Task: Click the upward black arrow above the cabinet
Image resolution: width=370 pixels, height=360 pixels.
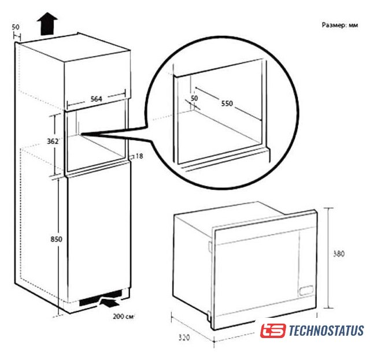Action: pos(47,24)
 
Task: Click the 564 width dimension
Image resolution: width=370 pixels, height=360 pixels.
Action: pos(97,99)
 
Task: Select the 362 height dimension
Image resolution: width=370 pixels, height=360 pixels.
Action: pos(53,141)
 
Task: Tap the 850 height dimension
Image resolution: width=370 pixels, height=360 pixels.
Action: pos(57,239)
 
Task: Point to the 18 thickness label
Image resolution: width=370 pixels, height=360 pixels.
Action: pos(139,156)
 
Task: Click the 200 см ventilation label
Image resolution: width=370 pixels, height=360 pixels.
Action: pos(123,316)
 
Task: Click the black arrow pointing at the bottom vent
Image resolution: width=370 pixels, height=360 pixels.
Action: pos(110,303)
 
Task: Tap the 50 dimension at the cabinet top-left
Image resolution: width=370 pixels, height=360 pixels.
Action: pos(16,27)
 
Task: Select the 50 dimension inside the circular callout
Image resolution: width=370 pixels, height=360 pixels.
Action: pos(194,98)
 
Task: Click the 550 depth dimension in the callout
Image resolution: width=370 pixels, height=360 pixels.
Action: pos(227,103)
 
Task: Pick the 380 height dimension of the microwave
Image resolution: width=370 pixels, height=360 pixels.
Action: pos(339,254)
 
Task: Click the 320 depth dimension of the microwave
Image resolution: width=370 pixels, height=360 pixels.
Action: pos(184,337)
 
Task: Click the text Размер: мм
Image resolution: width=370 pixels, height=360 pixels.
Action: pos(340,25)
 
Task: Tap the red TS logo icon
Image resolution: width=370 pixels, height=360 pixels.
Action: pos(273,331)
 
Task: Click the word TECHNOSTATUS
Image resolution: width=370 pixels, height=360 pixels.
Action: pos(326,331)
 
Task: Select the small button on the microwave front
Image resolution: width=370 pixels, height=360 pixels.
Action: pos(306,290)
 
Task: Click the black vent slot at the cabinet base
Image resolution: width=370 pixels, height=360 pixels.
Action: pos(101,298)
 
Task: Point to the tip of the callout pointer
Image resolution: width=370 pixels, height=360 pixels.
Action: pos(81,134)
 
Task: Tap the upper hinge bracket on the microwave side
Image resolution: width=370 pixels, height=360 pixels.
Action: pos(210,246)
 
